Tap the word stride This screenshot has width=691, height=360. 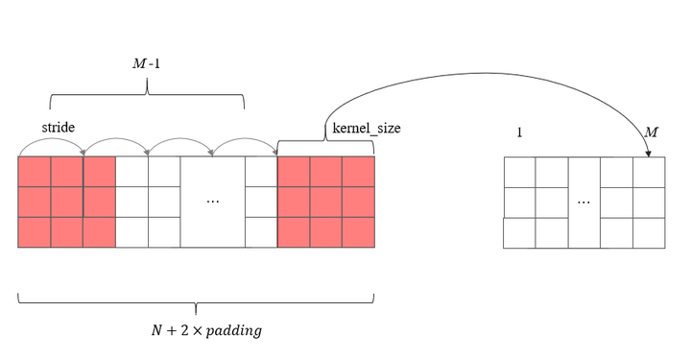click(x=58, y=127)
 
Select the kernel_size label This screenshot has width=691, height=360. click(x=366, y=128)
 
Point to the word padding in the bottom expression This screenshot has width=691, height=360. click(x=231, y=331)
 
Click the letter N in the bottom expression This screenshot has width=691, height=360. click(x=156, y=331)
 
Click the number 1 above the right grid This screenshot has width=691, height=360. click(x=519, y=132)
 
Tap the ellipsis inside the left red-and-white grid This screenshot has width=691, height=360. click(x=213, y=202)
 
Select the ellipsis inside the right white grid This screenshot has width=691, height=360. click(x=584, y=203)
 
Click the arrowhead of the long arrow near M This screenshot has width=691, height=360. click(x=649, y=153)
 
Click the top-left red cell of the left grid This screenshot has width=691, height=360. click(x=35, y=171)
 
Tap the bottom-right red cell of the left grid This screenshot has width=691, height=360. click(x=358, y=233)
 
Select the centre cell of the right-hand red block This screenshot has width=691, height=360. click(x=325, y=202)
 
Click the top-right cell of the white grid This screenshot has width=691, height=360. click(x=649, y=171)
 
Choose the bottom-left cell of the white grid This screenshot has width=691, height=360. click(x=519, y=233)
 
